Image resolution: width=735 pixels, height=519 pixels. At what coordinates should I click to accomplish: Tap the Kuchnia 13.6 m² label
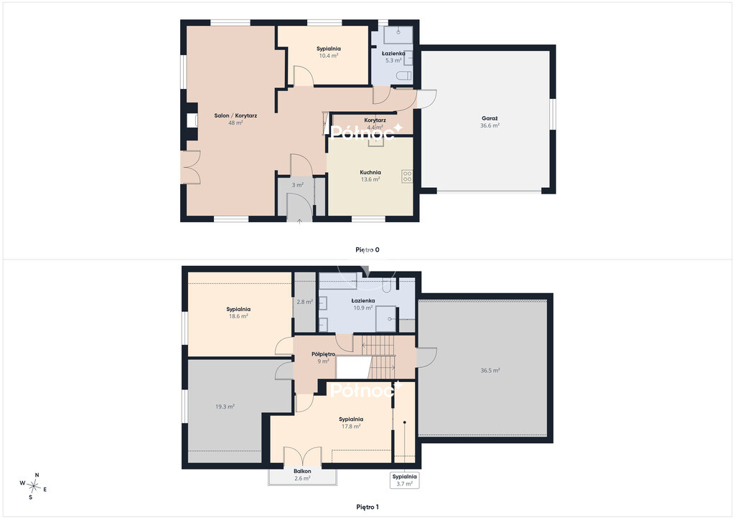(370, 176)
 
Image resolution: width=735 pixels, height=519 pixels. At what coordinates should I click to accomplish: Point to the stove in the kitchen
(407, 176)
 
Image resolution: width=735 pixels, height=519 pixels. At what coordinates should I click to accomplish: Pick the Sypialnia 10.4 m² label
(329, 52)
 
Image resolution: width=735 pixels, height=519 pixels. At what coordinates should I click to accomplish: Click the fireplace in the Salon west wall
(192, 120)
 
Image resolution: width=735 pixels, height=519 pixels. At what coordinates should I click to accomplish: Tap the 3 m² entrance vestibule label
(298, 185)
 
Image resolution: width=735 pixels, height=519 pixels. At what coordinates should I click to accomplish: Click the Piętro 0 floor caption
(367, 250)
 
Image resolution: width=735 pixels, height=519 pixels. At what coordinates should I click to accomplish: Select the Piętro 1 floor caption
(367, 507)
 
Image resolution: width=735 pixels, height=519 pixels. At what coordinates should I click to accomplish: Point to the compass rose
(33, 487)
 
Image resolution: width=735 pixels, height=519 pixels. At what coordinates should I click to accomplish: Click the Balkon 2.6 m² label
(302, 475)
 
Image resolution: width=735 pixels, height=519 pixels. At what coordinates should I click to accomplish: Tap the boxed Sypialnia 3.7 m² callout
(405, 480)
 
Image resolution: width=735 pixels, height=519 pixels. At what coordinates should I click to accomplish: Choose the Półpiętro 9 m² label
(323, 358)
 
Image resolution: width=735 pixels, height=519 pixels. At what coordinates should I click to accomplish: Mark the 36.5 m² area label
(490, 370)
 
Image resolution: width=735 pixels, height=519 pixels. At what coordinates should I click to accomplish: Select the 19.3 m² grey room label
(225, 406)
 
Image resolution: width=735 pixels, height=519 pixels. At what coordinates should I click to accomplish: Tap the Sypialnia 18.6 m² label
(238, 313)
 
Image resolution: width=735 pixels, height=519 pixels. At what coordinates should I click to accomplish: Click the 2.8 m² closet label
(304, 302)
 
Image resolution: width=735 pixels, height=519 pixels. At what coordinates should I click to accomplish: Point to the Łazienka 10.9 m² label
(363, 304)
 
